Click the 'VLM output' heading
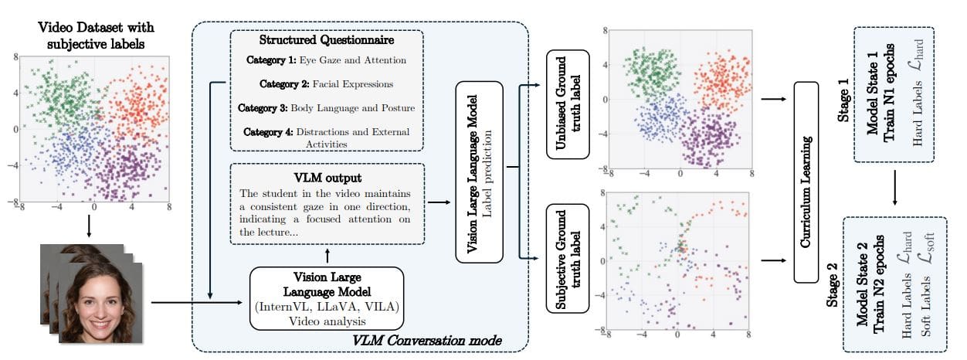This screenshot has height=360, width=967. tap(327, 176)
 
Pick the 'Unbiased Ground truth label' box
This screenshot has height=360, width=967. tap(568, 104)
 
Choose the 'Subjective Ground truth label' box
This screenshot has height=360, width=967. tap(568, 257)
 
